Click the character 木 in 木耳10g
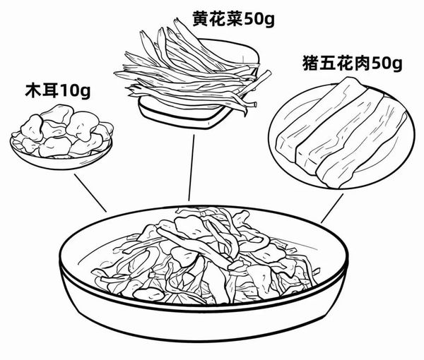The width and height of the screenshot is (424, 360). point(31,92)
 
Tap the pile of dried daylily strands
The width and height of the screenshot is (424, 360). point(190,71)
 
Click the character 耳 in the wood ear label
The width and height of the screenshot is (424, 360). point(48,92)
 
